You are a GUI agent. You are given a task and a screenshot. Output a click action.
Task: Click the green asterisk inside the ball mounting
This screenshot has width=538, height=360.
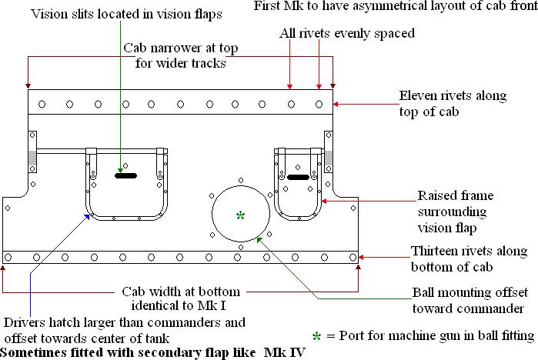241,216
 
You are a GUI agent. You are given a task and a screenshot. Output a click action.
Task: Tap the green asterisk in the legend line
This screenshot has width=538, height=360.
317,336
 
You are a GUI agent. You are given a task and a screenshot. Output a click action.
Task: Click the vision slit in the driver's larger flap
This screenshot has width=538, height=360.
126,176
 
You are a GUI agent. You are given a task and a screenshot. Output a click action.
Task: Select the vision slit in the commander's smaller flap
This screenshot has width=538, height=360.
298,178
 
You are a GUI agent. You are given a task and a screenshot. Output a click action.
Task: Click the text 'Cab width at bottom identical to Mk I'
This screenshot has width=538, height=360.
182,299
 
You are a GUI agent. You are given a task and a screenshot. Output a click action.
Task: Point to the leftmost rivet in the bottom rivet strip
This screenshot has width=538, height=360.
8,257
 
